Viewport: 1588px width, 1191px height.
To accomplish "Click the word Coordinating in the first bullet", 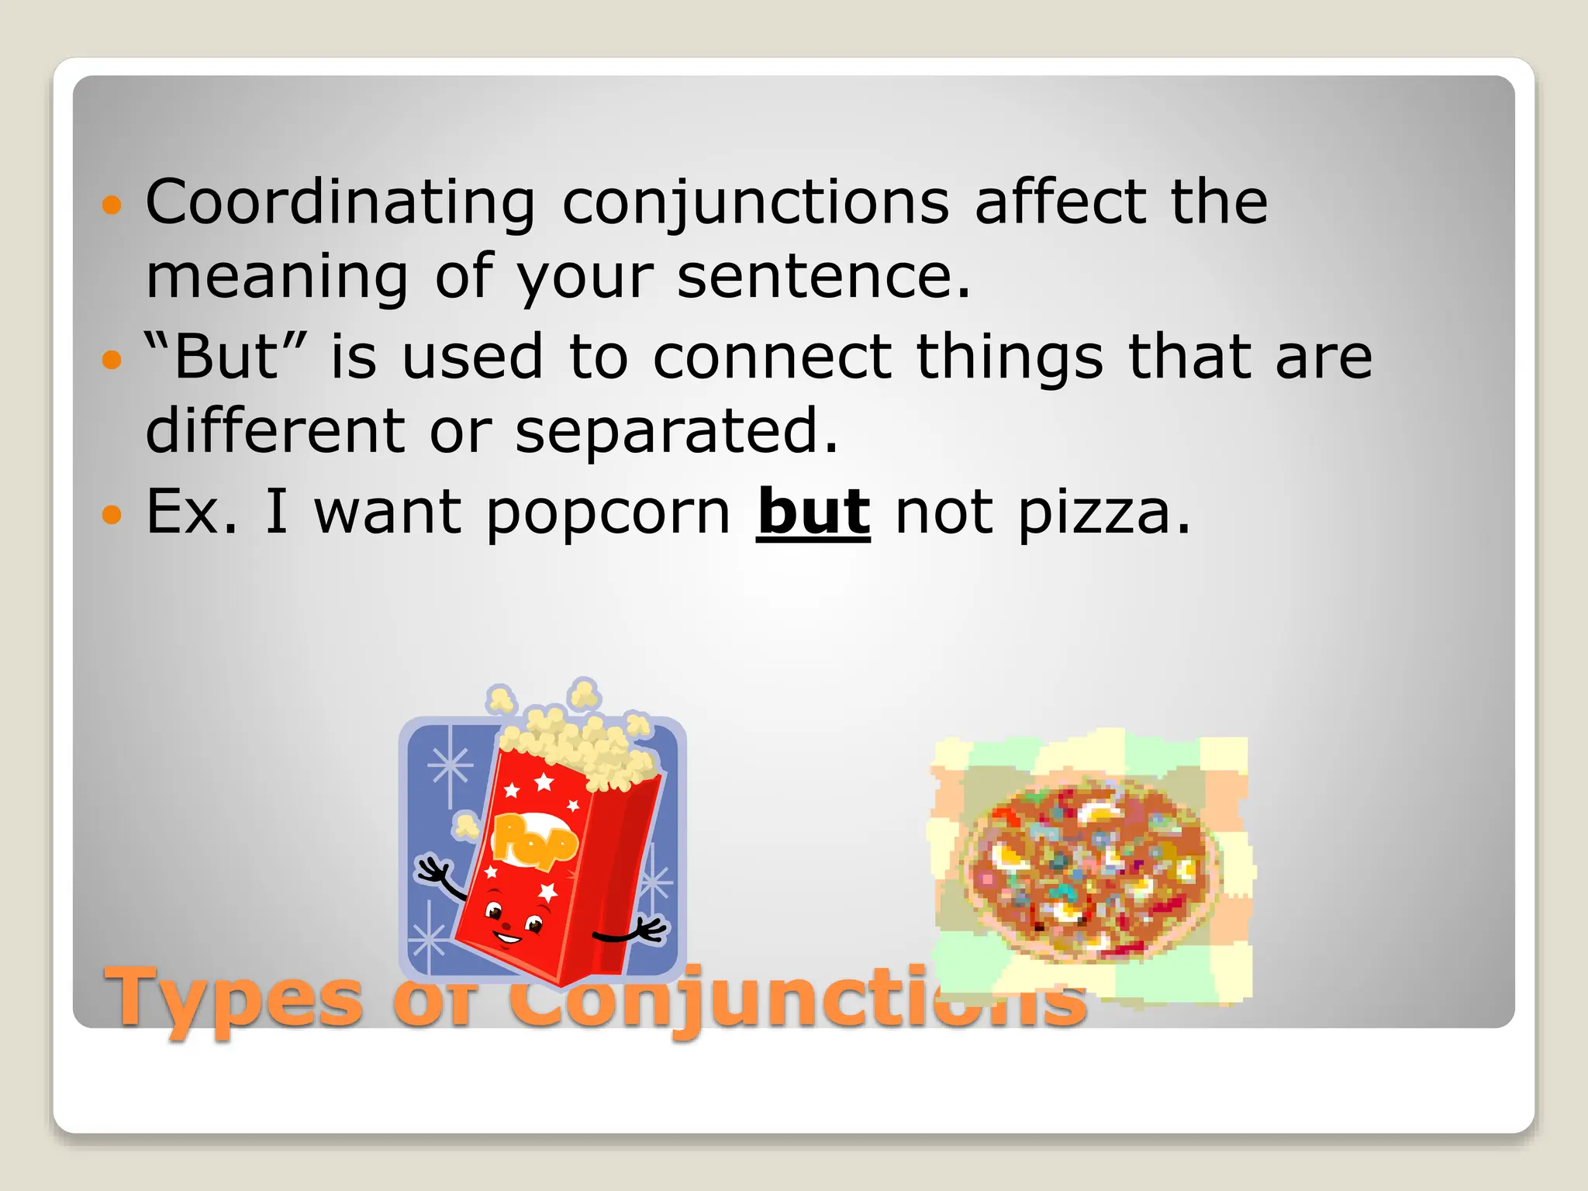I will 340,203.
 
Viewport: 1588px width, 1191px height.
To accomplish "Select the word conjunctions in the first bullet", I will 754,203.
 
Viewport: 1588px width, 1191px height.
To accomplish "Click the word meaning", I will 277,278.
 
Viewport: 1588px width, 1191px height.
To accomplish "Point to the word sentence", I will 822,278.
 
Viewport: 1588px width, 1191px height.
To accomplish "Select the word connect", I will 772,357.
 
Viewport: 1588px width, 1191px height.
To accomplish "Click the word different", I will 274,430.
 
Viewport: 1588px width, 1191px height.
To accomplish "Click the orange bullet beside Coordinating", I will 112,205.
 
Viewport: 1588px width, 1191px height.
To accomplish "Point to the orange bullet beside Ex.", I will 112,514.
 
